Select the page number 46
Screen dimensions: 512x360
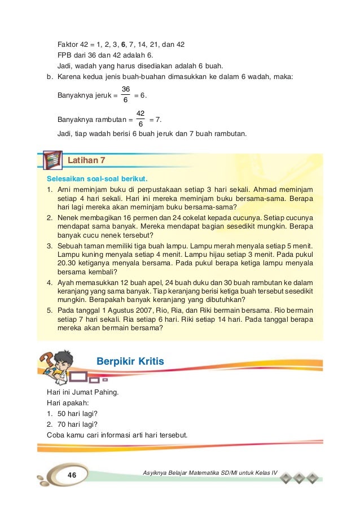[x=72, y=475]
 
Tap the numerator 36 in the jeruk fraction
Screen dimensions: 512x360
[x=126, y=89]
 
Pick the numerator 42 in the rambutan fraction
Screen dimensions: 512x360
[x=141, y=113]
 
